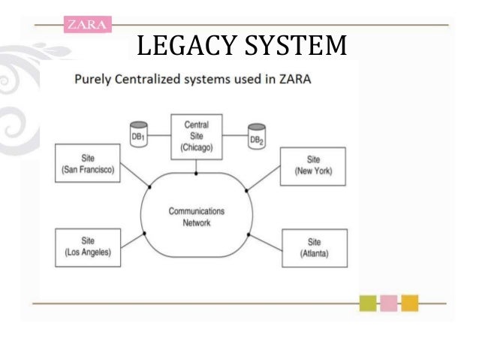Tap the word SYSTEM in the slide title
point(297,47)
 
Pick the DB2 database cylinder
point(257,135)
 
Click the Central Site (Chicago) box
point(197,136)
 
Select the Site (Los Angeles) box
point(87,247)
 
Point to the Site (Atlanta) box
point(313,249)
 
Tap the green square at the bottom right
point(368,304)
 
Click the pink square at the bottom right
point(389,304)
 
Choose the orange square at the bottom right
point(409,304)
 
